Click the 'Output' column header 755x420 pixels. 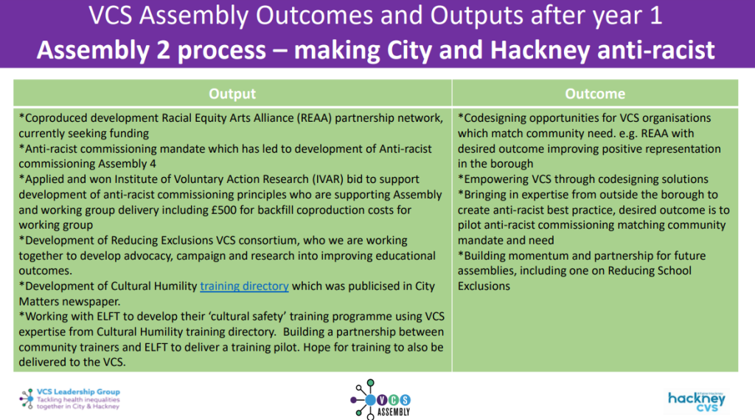[232, 94]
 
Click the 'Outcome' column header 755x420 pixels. [595, 94]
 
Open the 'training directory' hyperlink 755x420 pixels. [244, 286]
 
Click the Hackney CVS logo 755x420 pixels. [696, 399]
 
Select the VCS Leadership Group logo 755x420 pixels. [69, 399]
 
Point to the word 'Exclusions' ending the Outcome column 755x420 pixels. [484, 286]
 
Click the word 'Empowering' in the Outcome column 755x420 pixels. [494, 179]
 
